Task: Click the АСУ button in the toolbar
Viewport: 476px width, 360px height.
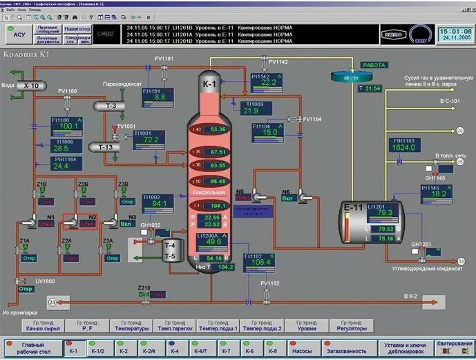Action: [19, 32]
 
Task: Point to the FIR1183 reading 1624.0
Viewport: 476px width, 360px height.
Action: [403, 147]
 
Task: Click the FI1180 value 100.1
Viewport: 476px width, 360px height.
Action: [68, 126]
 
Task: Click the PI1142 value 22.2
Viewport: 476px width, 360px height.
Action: [267, 83]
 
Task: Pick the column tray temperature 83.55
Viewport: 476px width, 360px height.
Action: [218, 166]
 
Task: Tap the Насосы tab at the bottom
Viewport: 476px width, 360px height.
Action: [301, 351]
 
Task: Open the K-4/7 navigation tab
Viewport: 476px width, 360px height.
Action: [200, 351]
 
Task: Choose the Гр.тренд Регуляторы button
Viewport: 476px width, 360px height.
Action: [352, 325]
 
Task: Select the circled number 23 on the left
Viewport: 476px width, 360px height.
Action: [52, 302]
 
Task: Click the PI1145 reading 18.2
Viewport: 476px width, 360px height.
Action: [438, 195]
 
